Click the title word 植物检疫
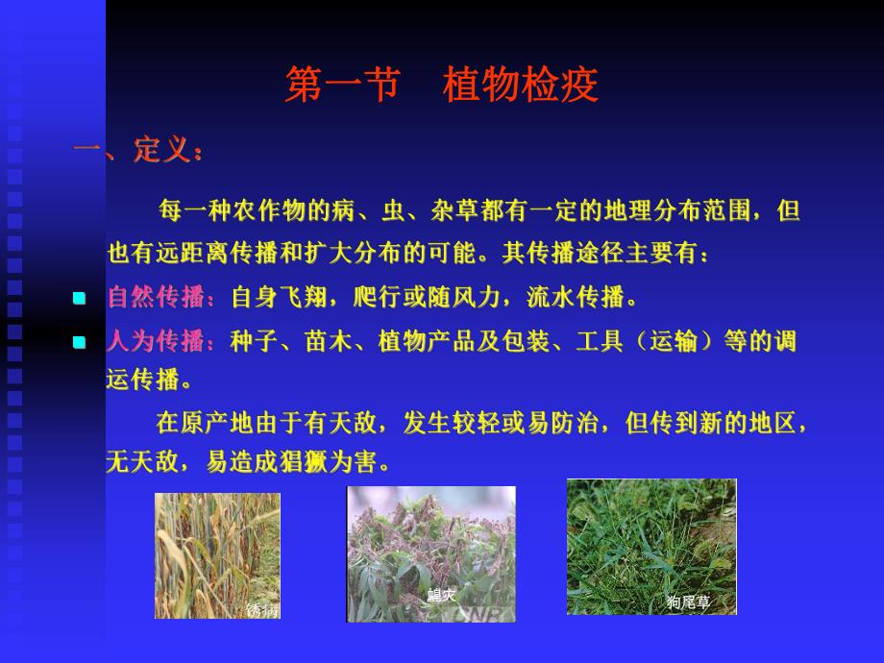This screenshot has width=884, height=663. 520,86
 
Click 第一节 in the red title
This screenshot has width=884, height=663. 342,86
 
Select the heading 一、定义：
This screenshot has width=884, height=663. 140,151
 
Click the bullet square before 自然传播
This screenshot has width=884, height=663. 80,299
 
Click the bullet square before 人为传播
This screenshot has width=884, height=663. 80,342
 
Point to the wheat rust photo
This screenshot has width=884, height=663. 217,555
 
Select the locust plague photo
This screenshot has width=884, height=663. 430,552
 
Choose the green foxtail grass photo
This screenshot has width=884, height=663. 651,546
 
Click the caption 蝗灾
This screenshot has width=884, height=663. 441,595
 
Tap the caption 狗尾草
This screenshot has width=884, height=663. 688,602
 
